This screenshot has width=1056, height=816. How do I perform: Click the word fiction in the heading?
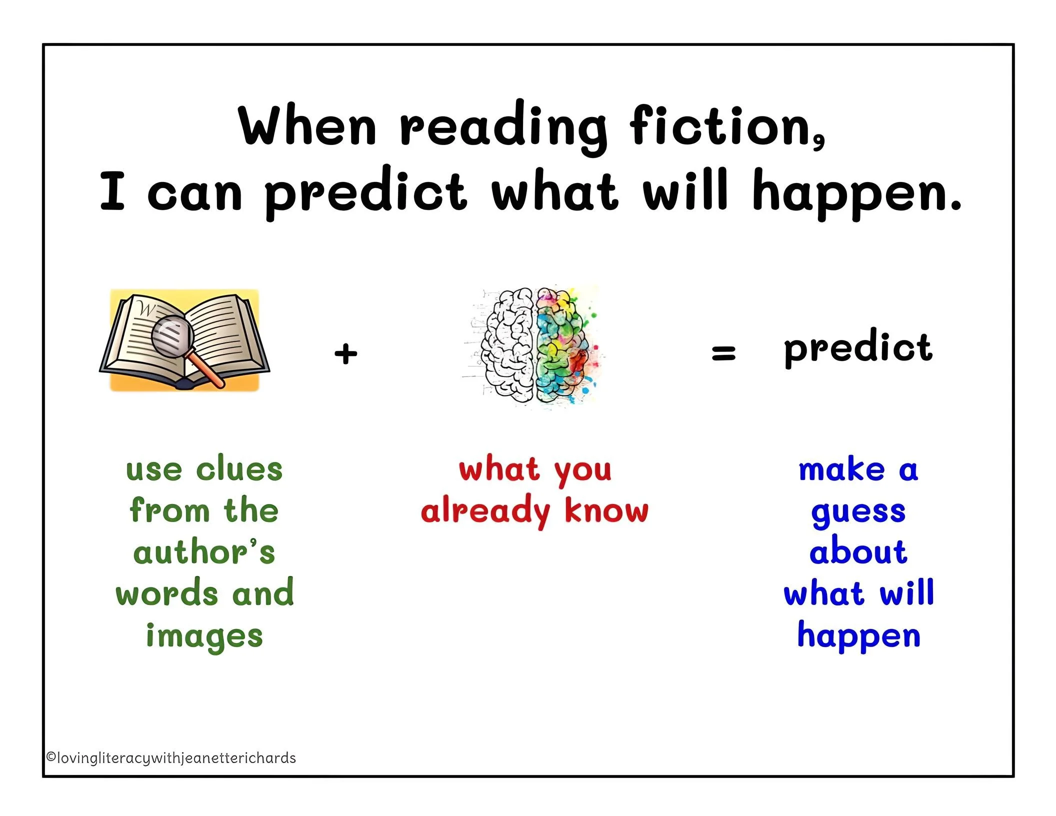pyautogui.click(x=725, y=126)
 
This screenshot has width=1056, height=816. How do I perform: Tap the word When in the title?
pyautogui.click(x=307, y=126)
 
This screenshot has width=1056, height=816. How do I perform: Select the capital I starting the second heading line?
pyautogui.click(x=112, y=191)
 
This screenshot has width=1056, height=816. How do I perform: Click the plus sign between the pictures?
pyautogui.click(x=346, y=354)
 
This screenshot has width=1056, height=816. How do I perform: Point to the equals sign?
pyautogui.click(x=723, y=353)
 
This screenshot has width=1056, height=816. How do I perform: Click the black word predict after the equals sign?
pyautogui.click(x=857, y=348)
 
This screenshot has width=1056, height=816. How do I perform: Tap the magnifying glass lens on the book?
pyautogui.click(x=172, y=336)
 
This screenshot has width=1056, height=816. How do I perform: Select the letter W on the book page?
pyautogui.click(x=146, y=308)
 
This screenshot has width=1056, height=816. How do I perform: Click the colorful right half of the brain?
pyautogui.click(x=562, y=345)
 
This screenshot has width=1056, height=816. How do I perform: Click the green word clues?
pyautogui.click(x=239, y=469)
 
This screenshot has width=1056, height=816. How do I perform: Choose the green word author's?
pyautogui.click(x=204, y=552)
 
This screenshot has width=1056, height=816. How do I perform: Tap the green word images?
pyautogui.click(x=204, y=636)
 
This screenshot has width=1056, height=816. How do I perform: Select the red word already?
pyautogui.click(x=485, y=511)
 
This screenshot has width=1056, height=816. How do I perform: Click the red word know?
pyautogui.click(x=606, y=510)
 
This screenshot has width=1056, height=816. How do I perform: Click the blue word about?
pyautogui.click(x=858, y=552)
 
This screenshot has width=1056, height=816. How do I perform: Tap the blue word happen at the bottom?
pyautogui.click(x=858, y=636)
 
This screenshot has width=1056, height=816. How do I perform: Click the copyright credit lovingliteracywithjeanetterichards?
pyautogui.click(x=171, y=758)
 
